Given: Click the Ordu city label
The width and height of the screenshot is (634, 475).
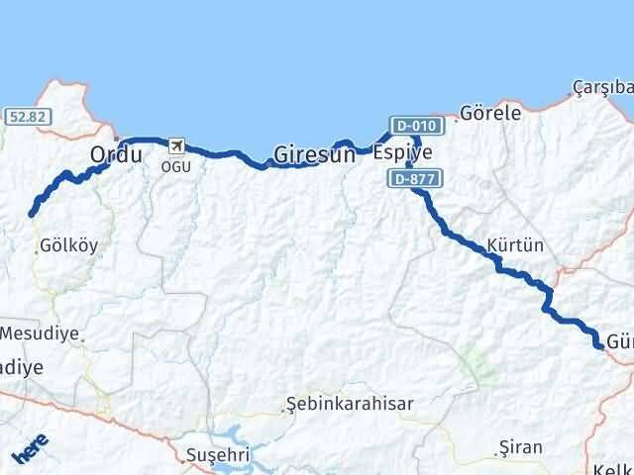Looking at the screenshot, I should click(x=116, y=155).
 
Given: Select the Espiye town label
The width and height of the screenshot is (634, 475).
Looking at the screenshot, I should click(x=403, y=153).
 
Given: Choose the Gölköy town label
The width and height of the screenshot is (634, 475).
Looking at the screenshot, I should click(x=69, y=247).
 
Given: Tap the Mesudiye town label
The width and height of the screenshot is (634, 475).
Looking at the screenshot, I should click(x=40, y=332).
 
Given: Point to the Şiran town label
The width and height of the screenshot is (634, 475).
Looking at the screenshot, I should click(x=522, y=447).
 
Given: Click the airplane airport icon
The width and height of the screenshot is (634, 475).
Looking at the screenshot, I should click(x=177, y=147).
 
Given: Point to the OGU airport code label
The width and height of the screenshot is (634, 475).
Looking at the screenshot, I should click(x=177, y=165).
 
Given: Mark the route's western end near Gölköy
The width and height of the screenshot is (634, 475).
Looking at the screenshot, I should click(x=32, y=214).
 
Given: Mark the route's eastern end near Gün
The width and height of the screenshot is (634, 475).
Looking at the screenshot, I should click(x=599, y=344).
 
